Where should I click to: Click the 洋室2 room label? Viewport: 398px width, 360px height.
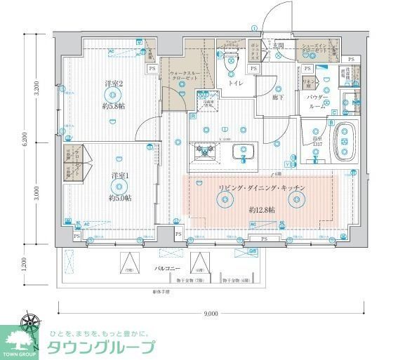(x=114, y=84)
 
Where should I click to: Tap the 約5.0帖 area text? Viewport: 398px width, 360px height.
(x=120, y=199)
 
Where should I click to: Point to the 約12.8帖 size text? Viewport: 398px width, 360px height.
(x=261, y=210)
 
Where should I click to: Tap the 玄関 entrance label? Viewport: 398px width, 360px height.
(x=278, y=46)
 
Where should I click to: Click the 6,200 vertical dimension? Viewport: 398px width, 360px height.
(x=25, y=140)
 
